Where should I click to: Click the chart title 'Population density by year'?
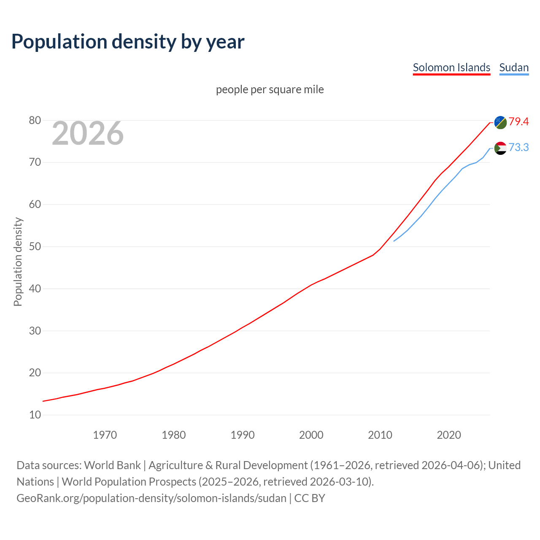point(128,41)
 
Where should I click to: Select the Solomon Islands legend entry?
point(451,67)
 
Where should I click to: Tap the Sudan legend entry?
point(514,67)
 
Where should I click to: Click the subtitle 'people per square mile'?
point(270,89)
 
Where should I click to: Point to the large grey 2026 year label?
point(88,133)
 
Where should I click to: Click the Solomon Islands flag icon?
point(500,122)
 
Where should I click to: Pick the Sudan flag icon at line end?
point(500,148)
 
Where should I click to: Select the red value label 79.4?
point(518,121)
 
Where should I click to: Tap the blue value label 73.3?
point(518,147)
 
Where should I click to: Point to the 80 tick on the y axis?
point(35,121)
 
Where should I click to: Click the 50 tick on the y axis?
point(35,246)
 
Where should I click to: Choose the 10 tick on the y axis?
point(35,415)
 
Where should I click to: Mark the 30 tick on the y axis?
point(35,331)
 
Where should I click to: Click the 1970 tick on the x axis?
point(105,435)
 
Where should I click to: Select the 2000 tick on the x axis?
point(311,435)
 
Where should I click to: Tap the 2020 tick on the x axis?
point(449,435)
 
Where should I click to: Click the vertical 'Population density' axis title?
point(18,262)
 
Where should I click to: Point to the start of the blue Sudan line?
point(394,241)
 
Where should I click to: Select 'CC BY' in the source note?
point(310,498)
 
